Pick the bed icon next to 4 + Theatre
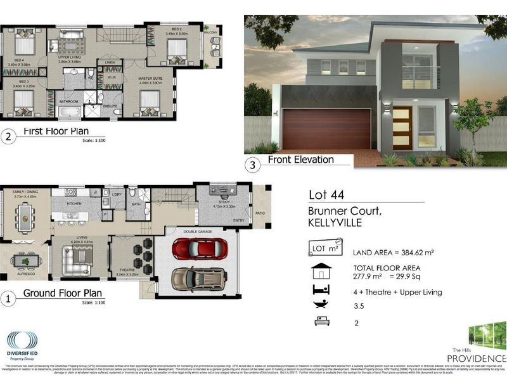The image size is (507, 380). [321, 291]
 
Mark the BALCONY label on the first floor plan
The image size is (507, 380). [212, 32]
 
